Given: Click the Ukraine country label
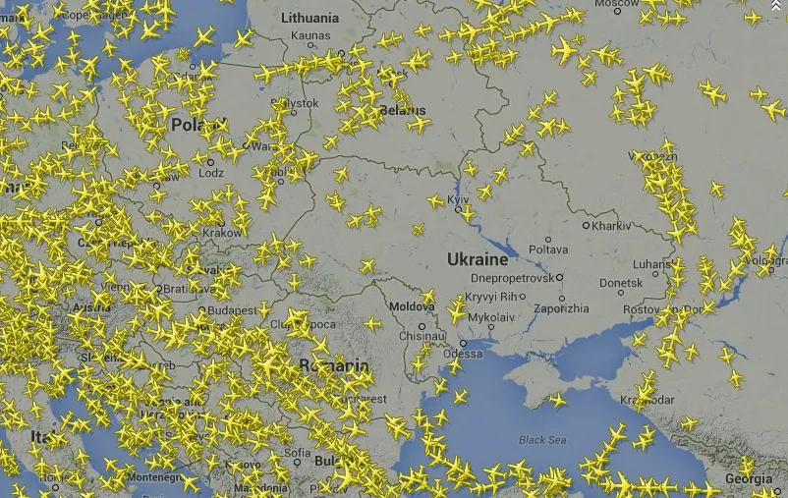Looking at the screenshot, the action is (478, 259).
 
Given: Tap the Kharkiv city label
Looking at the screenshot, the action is (611, 226).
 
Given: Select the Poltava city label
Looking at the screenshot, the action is (548, 249).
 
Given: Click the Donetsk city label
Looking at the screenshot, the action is (620, 283).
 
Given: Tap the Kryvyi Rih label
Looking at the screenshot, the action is (490, 297).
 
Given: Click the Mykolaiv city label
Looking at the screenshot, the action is (490, 317).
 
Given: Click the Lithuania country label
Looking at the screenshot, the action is (310, 18).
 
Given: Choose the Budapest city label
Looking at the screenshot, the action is (233, 309).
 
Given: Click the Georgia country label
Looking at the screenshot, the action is (748, 479).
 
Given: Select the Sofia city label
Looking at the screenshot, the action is (298, 454).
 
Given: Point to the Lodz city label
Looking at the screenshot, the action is (210, 173).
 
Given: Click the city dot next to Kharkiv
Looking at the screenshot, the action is (586, 226).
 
